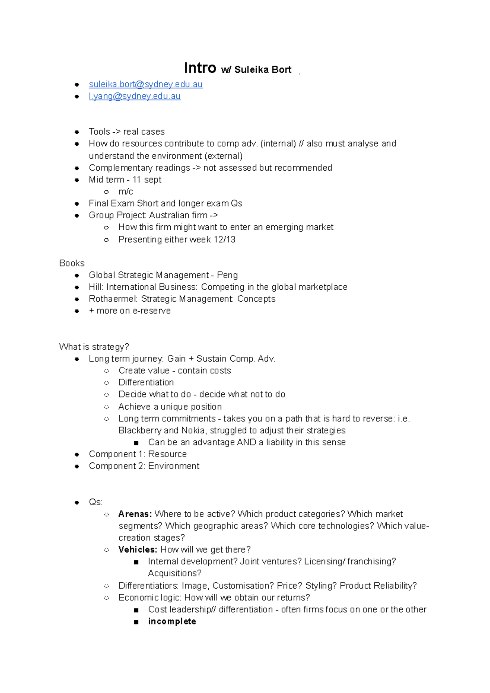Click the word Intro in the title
(200, 68)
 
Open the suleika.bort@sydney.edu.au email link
(145, 84)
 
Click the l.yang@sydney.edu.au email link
(134, 96)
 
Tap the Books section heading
(72, 263)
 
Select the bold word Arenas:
(135, 514)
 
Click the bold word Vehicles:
(138, 550)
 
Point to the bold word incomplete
(172, 622)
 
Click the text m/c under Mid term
(125, 191)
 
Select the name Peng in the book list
(227, 275)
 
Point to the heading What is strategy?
(94, 347)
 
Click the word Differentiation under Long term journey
(146, 382)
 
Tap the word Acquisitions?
(174, 573)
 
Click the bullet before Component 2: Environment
(77, 466)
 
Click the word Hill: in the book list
(96, 287)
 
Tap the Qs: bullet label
(96, 502)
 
